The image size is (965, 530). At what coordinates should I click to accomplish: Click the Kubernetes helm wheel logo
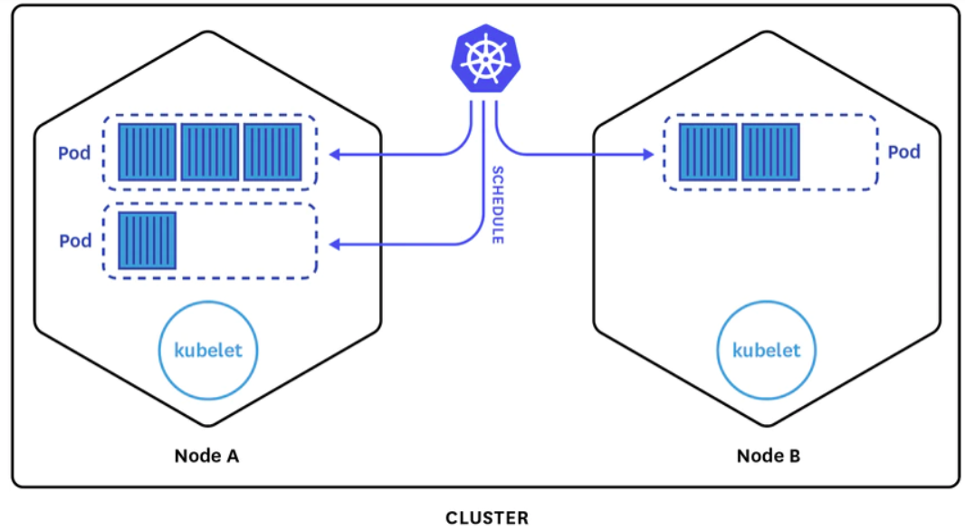pos(485,59)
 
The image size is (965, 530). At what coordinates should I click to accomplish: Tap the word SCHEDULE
pos(498,205)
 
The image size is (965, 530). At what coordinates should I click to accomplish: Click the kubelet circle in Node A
pos(208,350)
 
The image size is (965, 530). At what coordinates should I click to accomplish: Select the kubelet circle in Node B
pos(766,350)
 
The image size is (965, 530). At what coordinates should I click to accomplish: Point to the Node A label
pos(206,456)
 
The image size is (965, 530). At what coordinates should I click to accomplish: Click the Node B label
pos(768,456)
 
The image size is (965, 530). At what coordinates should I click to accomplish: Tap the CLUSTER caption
pos(487,517)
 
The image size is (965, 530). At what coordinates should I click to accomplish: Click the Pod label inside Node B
pos(903,151)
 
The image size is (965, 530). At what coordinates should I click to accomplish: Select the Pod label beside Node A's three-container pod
pos(74,153)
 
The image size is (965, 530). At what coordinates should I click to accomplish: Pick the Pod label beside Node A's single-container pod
pos(75,240)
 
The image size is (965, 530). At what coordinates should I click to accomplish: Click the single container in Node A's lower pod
pos(147,240)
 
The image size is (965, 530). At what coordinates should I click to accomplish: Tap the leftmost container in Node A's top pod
pos(147,152)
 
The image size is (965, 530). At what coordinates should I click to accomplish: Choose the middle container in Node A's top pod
pos(210,152)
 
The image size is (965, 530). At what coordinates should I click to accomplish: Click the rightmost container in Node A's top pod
pos(272,152)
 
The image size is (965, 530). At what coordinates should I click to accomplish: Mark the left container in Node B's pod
pos(708,152)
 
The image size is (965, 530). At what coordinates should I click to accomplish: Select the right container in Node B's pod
pos(770,152)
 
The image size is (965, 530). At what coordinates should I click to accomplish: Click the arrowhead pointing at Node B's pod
pos(648,154)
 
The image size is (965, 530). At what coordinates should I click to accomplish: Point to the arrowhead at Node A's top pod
pos(335,154)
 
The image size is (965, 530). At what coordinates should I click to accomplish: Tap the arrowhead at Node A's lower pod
pos(335,245)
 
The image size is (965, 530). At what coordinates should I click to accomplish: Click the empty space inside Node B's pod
pos(837,152)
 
